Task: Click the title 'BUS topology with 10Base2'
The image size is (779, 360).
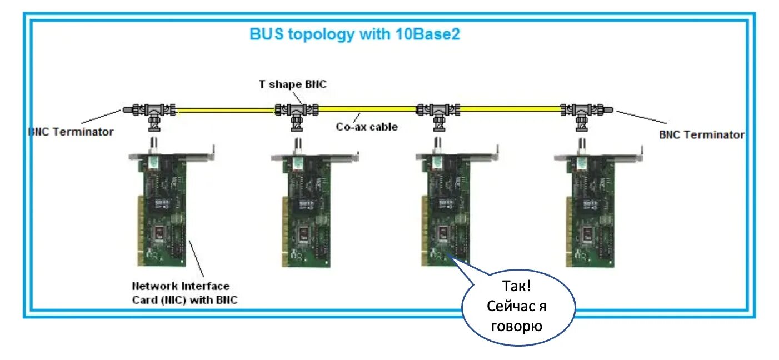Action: point(354,34)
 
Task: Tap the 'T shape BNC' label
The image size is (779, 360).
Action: point(293,84)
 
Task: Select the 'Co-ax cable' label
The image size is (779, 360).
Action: point(367,127)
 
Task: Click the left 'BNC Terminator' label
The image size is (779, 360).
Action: point(71,132)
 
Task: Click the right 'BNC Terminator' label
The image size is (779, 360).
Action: point(701,134)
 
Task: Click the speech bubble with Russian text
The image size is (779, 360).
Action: point(518,307)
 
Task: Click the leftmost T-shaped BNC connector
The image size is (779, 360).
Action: point(154,110)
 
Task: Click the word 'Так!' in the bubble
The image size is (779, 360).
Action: point(517,287)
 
